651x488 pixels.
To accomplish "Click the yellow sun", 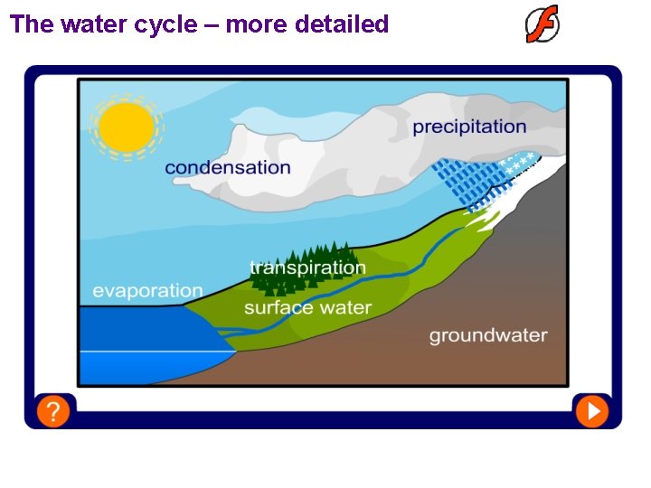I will pos(127,127).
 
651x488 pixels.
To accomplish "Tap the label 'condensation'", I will pos(228,168).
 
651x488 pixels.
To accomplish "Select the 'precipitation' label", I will pos(469,127).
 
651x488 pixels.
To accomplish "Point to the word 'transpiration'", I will pos(307,267).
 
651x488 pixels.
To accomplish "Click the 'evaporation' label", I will pos(147,291).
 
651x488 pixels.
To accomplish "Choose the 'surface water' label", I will pos(307,308).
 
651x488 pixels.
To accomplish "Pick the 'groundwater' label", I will pos(487,335).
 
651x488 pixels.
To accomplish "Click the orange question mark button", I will pos(53,412).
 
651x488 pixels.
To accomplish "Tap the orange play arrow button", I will pos(593,412).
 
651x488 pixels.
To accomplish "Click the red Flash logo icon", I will pos(542,24).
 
